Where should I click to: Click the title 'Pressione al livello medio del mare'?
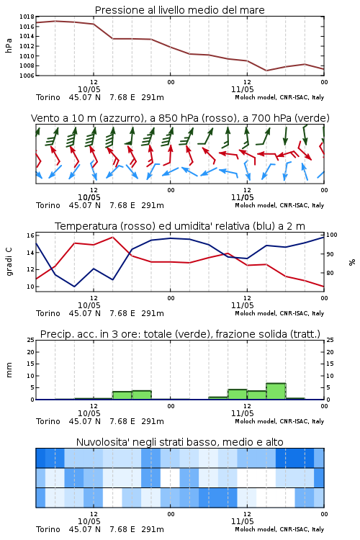click(x=179, y=10)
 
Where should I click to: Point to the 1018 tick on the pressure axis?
click(x=27, y=17)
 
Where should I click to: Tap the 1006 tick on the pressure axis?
click(x=27, y=76)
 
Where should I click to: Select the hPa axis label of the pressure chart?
click(x=9, y=45)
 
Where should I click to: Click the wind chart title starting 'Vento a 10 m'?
click(x=180, y=118)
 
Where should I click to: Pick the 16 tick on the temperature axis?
click(x=30, y=235)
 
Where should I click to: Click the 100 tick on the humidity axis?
click(x=332, y=235)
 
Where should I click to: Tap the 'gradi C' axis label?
click(x=9, y=261)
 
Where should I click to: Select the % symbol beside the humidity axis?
click(x=352, y=262)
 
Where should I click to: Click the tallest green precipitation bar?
click(x=276, y=391)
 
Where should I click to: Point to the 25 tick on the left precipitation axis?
click(x=30, y=340)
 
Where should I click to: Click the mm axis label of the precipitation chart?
click(x=9, y=369)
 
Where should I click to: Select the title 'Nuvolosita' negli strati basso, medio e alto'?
click(x=179, y=442)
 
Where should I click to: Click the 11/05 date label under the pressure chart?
click(x=242, y=89)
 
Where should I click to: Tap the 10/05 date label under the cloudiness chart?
click(x=89, y=521)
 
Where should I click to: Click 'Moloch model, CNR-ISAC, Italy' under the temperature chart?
click(x=279, y=313)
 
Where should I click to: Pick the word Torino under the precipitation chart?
click(x=48, y=421)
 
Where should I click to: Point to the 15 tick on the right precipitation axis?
click(x=330, y=364)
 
